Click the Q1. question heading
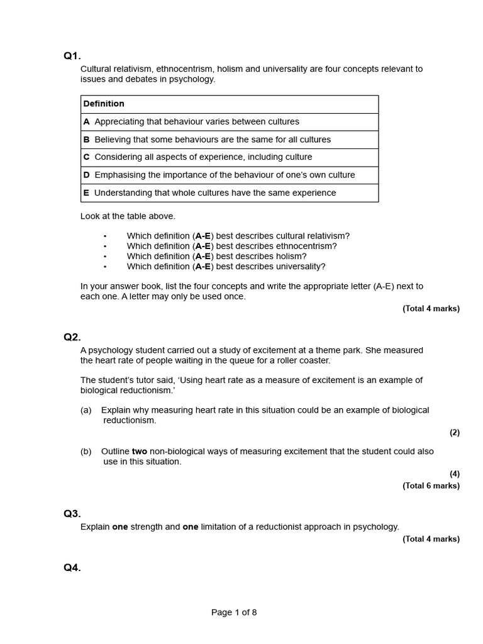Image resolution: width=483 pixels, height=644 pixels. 72,56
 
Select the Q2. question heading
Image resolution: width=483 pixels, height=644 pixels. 72,337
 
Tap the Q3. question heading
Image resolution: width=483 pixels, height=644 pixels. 72,513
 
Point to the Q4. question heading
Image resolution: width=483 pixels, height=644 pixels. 72,568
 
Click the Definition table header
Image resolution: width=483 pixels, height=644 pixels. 104,104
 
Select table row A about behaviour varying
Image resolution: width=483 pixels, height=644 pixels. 197,121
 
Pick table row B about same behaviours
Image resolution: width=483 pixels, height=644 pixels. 213,140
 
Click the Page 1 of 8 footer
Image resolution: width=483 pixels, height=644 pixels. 234,613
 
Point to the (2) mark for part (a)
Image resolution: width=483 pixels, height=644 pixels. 454,433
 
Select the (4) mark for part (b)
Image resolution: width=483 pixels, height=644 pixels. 454,474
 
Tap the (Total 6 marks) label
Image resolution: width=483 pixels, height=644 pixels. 431,486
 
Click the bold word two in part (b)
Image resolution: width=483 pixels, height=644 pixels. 140,452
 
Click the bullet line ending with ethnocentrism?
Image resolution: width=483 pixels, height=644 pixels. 231,246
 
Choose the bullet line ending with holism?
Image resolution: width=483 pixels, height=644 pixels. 216,256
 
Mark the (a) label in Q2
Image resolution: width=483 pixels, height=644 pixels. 86,410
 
